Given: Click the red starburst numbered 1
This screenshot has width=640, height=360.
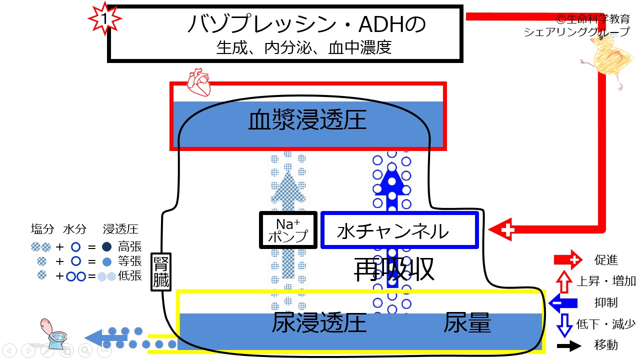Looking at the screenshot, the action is (x=104, y=18).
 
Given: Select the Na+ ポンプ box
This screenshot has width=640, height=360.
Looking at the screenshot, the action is (x=288, y=230).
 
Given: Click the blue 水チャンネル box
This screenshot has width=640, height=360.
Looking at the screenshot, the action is (x=399, y=230).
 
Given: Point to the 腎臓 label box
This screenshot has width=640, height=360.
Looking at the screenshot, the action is (x=161, y=271).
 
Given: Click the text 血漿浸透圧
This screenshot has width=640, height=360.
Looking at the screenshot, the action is (x=307, y=120).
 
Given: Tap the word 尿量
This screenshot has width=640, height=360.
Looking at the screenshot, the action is (x=467, y=322).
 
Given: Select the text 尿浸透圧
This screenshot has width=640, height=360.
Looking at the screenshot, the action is (x=319, y=322).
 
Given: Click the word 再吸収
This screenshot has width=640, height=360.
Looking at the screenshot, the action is (x=394, y=269).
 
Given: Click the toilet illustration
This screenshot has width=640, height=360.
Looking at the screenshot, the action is (x=53, y=333).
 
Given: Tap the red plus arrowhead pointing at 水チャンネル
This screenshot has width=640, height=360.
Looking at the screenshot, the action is (x=502, y=229).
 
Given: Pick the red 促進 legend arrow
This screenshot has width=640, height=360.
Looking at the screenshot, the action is (x=568, y=259).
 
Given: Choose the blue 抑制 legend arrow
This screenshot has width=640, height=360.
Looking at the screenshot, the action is (x=563, y=303).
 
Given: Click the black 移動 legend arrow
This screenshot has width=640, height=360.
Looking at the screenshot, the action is (x=569, y=345).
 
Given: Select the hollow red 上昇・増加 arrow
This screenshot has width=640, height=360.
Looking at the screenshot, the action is (x=564, y=281).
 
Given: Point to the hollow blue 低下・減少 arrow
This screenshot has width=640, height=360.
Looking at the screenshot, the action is (x=564, y=325).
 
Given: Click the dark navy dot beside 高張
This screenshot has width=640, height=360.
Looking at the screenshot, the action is (x=106, y=247).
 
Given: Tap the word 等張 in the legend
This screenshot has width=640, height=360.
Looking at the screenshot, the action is (x=129, y=261).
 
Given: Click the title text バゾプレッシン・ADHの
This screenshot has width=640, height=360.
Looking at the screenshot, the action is (x=307, y=24).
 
